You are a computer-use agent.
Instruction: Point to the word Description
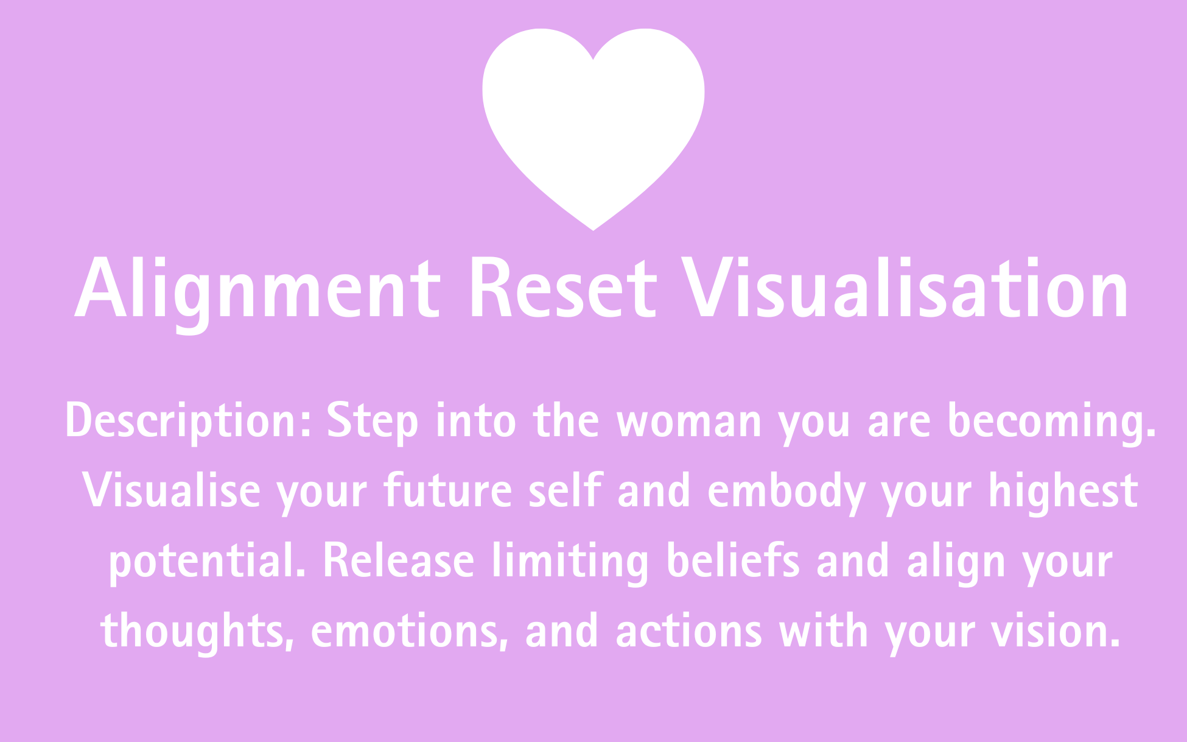pos(188,421)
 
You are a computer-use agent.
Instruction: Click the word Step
pos(373,421)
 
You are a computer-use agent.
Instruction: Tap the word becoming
pos(1051,421)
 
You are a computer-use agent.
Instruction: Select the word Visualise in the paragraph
pos(171,491)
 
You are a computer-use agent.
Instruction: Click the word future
pos(448,491)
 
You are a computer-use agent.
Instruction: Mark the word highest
pos(1063,491)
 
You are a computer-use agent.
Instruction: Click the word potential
pos(207,561)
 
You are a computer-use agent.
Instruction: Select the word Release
pos(398,561)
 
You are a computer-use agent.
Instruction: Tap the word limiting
pos(570,561)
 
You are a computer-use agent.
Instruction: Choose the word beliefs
pos(733,561)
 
